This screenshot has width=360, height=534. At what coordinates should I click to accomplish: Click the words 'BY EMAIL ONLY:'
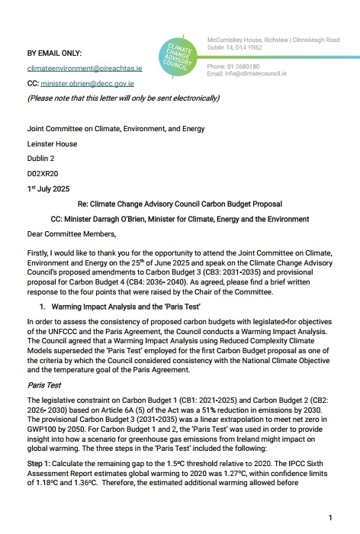pos(56,53)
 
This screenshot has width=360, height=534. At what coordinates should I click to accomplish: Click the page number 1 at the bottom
pos(330,518)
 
